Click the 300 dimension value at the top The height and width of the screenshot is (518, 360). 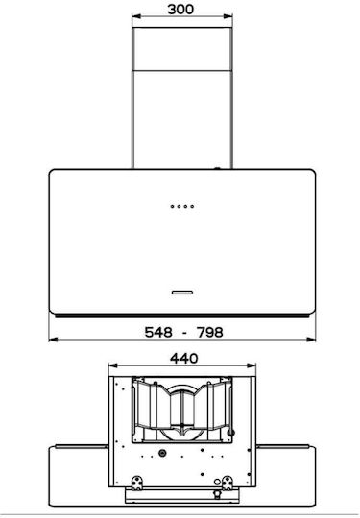click(x=180, y=9)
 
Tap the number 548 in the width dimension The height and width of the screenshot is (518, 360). click(x=158, y=332)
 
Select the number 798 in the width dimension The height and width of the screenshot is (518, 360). click(x=210, y=332)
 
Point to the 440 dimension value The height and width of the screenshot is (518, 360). click(x=184, y=358)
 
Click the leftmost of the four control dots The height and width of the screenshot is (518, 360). click(x=172, y=207)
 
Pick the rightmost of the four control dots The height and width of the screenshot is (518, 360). click(x=192, y=207)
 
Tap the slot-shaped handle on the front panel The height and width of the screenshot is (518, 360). click(x=182, y=293)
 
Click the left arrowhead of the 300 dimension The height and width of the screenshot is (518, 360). click(x=136, y=16)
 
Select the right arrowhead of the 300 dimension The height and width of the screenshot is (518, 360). click(x=228, y=16)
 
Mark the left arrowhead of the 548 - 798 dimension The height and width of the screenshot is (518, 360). click(x=53, y=340)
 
